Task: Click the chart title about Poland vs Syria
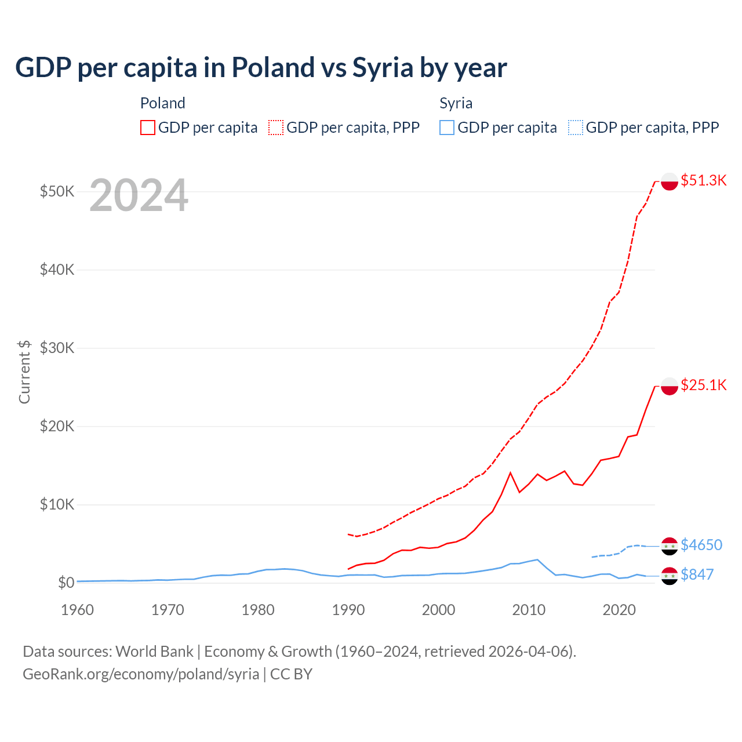tap(261, 68)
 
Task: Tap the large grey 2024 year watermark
tap(139, 196)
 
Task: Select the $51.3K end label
tap(703, 180)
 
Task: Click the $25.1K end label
tap(703, 385)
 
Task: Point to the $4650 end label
tap(701, 545)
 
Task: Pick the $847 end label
tap(697, 574)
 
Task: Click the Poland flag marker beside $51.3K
tap(670, 181)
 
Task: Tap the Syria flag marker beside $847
tap(670, 576)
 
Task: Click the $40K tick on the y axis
tap(57, 270)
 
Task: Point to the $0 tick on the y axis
tap(66, 583)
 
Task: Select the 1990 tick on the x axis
tap(348, 610)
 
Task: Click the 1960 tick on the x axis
tap(78, 610)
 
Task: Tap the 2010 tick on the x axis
tap(529, 610)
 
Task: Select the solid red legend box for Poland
tap(148, 128)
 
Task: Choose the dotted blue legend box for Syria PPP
tap(576, 128)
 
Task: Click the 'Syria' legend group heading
tap(456, 103)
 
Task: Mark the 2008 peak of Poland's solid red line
tap(510, 473)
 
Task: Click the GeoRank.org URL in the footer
tap(141, 674)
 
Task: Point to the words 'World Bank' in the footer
tap(154, 652)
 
